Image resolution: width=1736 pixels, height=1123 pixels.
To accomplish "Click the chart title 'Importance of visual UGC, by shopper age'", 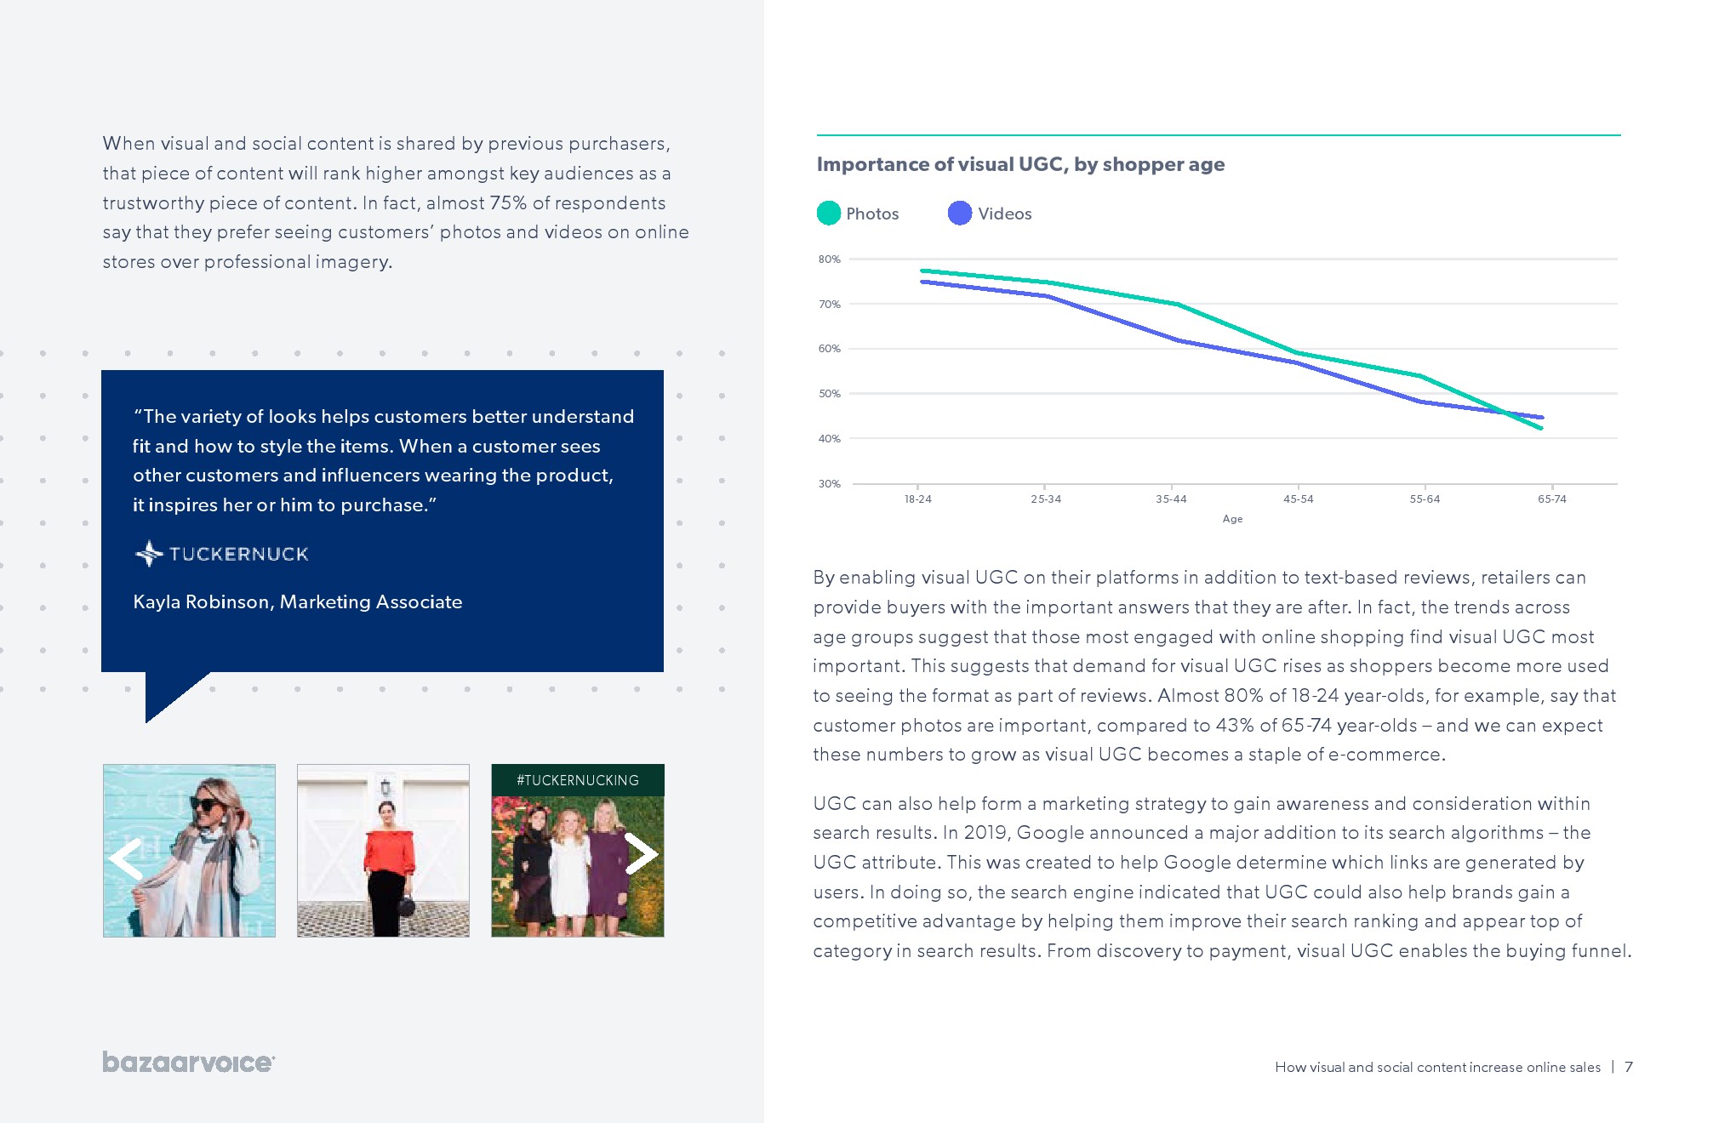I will (x=1020, y=164).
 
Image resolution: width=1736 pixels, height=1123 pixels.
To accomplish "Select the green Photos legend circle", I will (x=828, y=214).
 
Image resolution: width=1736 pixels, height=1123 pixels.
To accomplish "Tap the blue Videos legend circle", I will (x=959, y=214).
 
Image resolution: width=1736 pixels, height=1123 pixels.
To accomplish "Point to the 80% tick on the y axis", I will (x=829, y=259).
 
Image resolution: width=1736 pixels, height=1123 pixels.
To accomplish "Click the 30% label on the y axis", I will (x=829, y=484).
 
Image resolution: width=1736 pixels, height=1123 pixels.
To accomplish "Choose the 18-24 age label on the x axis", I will (x=917, y=499).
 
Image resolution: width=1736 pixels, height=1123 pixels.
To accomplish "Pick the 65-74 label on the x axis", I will (x=1551, y=499).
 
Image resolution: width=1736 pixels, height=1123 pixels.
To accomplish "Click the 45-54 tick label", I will (x=1298, y=499).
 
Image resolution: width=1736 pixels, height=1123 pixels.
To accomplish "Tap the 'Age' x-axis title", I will (x=1232, y=519).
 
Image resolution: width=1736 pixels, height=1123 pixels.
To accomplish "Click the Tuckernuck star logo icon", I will (x=149, y=554).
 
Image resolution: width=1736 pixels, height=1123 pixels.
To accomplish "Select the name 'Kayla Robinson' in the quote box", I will (x=201, y=602).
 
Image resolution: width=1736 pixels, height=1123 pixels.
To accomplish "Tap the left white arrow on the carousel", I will (x=126, y=858).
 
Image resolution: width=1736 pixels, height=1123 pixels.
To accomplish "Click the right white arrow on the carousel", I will (x=641, y=853).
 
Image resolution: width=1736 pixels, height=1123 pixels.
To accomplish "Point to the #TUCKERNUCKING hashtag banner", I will (x=577, y=780).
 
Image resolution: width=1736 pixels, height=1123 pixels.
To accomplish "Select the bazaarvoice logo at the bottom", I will (x=188, y=1062).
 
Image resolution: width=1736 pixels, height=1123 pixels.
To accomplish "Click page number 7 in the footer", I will (x=1628, y=1067).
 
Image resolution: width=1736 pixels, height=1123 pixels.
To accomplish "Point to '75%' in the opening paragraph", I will (x=508, y=203).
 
